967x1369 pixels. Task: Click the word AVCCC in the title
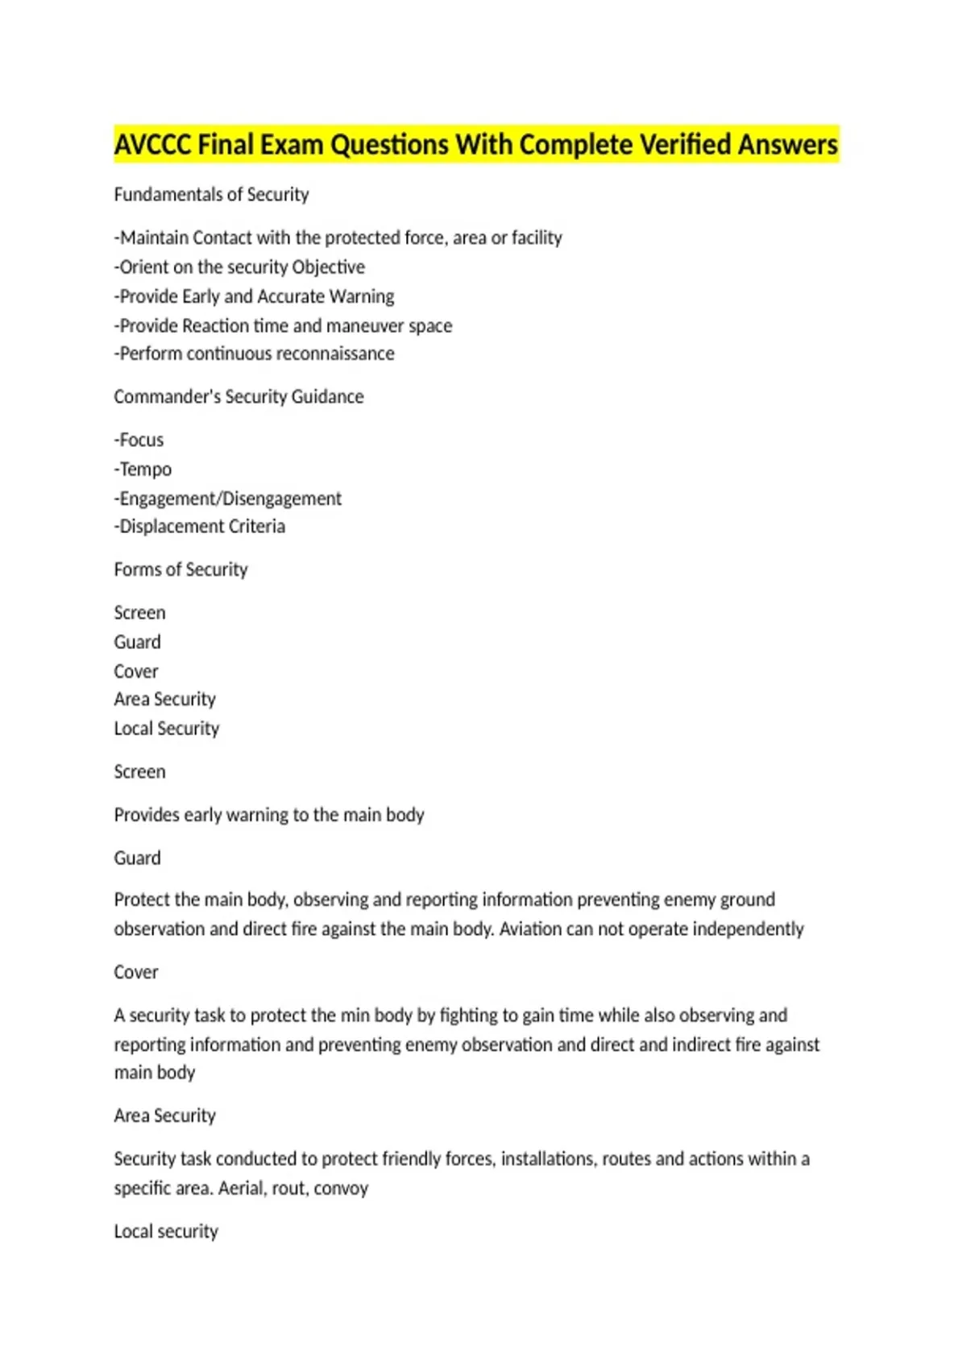click(x=152, y=145)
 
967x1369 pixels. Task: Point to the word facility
click(x=537, y=238)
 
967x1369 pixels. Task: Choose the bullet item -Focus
click(x=139, y=440)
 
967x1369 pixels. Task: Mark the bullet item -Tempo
click(x=143, y=469)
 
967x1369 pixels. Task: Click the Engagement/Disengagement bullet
click(x=228, y=498)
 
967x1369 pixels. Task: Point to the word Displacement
click(x=171, y=527)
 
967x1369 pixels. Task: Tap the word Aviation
click(x=529, y=929)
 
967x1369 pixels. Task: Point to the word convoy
click(x=341, y=1189)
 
